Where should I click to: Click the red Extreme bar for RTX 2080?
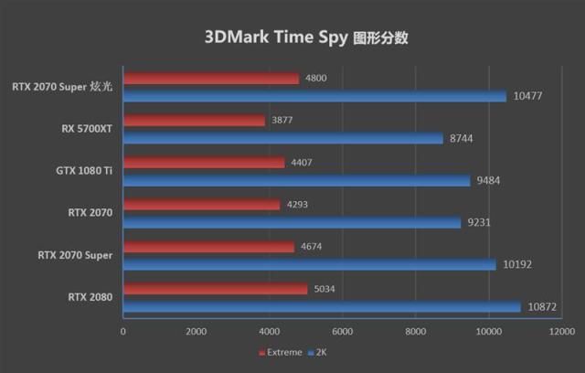216,289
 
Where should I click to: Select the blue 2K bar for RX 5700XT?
283,138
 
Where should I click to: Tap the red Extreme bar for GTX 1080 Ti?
204,162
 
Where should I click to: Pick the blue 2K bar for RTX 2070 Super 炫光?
314,96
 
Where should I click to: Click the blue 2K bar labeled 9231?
292,223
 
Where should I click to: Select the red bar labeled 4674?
209,247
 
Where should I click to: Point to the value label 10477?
527,96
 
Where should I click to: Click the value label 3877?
282,120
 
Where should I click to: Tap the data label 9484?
488,180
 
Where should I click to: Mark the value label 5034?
324,289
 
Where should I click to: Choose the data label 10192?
517,264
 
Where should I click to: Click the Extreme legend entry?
281,353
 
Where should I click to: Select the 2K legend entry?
317,353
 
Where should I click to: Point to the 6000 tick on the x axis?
342,332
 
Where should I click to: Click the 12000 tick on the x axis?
561,332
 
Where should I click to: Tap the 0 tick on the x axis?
123,332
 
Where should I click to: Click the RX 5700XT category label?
87,129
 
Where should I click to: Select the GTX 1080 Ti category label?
84,171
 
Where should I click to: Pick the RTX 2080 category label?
90,297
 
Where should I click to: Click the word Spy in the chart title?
333,37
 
